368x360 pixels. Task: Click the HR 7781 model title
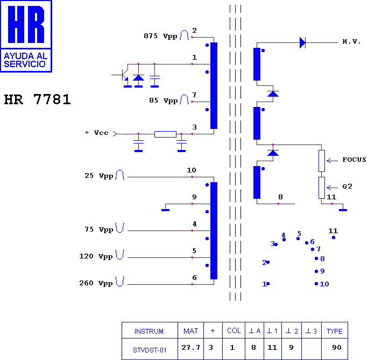click(x=37, y=99)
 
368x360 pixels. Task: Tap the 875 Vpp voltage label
click(x=160, y=36)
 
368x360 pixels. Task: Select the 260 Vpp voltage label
click(x=96, y=283)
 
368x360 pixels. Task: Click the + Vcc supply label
click(x=96, y=133)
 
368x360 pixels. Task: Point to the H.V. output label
click(x=351, y=41)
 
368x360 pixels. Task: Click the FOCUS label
click(x=354, y=160)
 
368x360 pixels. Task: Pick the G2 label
click(x=347, y=186)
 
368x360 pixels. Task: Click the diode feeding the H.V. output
click(x=303, y=42)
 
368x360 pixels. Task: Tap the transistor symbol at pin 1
click(x=124, y=75)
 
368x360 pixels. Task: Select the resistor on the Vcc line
click(x=165, y=134)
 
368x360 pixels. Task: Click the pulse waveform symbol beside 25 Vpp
click(x=120, y=175)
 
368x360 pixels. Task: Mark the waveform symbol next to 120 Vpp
click(x=119, y=255)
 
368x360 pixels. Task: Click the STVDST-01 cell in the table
click(x=150, y=350)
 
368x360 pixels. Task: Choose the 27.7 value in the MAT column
click(x=190, y=347)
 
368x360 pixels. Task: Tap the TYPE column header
click(x=335, y=331)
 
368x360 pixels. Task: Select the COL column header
click(x=234, y=330)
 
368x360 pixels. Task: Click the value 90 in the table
click(x=337, y=347)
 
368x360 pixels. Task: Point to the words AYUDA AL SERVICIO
click(x=26, y=60)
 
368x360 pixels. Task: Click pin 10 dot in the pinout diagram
click(x=316, y=284)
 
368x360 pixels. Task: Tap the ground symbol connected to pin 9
click(x=166, y=210)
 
